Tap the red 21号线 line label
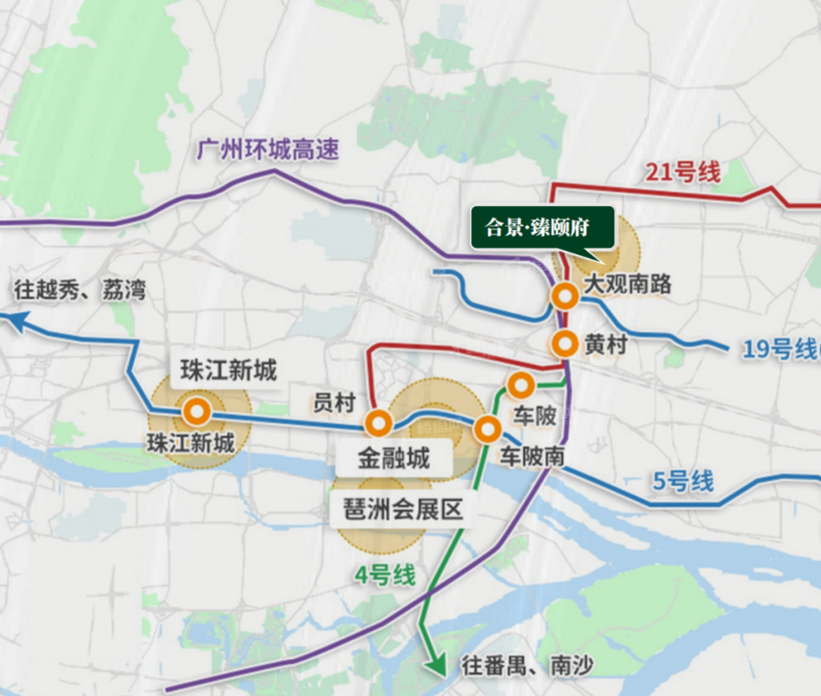point(682,172)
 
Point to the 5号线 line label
point(684,482)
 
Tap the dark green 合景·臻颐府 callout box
point(542,228)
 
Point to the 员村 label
point(334,403)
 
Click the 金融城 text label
point(394,460)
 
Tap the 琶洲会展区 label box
point(398,511)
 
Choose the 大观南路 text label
point(628,286)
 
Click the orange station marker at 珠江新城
point(196,412)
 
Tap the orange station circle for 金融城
point(378,424)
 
